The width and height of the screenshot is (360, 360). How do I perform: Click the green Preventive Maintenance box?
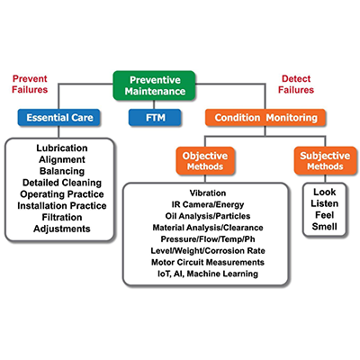tap(154, 85)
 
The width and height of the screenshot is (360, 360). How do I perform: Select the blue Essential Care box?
tap(58, 117)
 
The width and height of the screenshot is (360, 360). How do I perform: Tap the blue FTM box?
tap(155, 117)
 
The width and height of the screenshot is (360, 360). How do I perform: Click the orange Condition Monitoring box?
tap(265, 117)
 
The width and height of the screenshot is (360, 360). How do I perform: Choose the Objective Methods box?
tap(205, 161)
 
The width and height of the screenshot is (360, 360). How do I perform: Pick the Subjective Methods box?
tap(325, 161)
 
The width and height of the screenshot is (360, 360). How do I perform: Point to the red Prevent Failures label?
tap(30, 84)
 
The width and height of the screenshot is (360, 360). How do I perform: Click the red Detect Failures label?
tap(296, 84)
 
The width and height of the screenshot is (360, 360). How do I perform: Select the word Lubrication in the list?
tap(62, 148)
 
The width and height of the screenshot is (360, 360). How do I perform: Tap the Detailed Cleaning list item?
tap(62, 183)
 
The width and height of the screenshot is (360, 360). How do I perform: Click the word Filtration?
tap(62, 217)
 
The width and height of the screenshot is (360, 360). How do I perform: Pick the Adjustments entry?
tap(62, 229)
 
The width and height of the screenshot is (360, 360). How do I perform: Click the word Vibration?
tap(208, 193)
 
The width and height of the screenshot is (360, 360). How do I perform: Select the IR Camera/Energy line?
tap(208, 204)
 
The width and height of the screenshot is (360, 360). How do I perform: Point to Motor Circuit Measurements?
tap(208, 262)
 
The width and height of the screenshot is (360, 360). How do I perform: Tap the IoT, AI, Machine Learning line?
tap(208, 274)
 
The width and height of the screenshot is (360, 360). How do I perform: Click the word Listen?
tap(325, 203)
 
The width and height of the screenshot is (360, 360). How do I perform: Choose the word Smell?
tap(325, 227)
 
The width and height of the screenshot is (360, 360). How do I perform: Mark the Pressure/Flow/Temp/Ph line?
tap(208, 239)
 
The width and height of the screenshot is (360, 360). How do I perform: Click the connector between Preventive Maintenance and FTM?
tap(154, 104)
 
